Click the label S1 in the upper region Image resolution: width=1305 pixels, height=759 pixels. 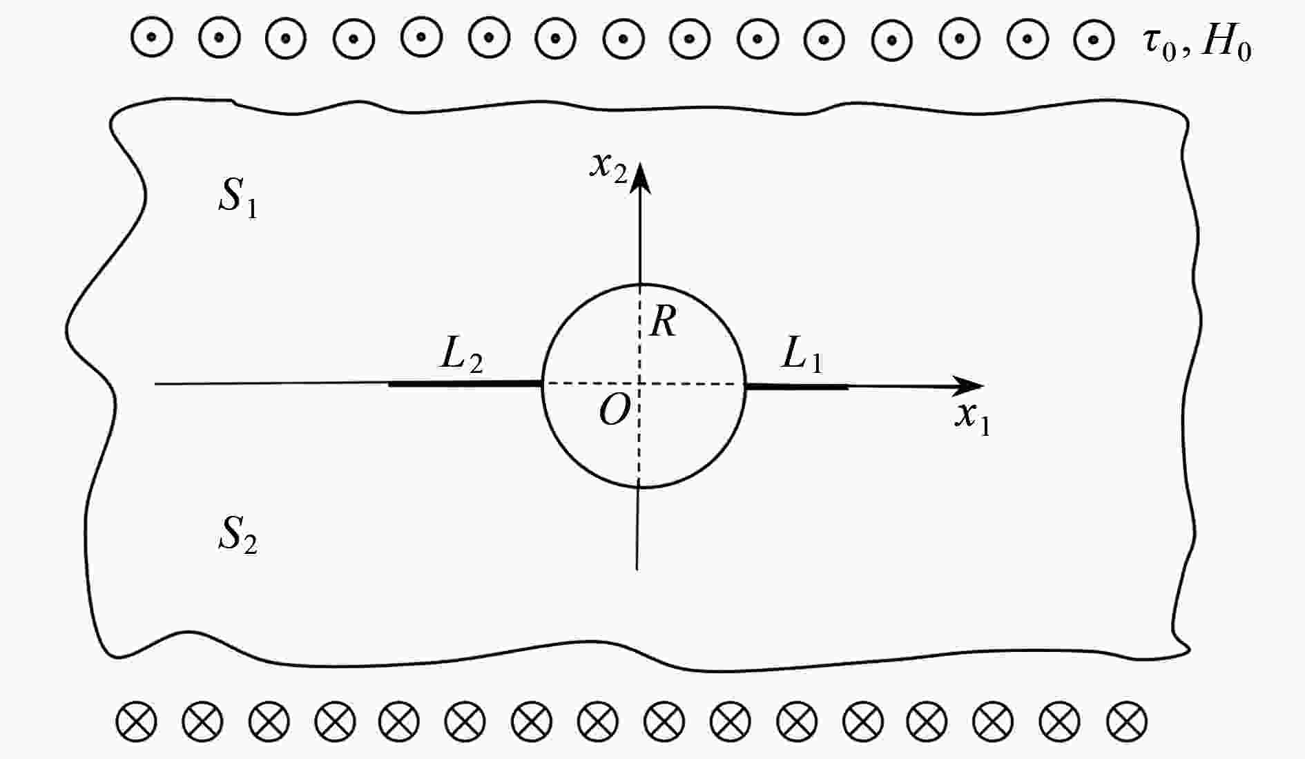point(238,197)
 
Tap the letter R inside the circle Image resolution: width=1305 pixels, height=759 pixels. point(664,321)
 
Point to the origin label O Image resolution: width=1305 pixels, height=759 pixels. point(615,412)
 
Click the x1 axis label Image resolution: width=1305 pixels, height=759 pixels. point(973,416)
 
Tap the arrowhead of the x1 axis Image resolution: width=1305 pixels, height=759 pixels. point(969,386)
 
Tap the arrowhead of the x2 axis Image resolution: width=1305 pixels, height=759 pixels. point(641,176)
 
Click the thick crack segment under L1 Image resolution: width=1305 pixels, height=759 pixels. point(797,387)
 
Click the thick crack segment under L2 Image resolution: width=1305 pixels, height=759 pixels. point(465,383)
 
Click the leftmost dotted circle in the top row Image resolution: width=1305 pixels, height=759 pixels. point(152,37)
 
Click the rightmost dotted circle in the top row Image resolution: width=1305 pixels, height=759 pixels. point(1094,37)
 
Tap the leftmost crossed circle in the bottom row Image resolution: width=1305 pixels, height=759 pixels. point(136,722)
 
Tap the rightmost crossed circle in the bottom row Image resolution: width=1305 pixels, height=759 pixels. point(1126,722)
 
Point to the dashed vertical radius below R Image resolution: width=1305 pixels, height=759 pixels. point(640,334)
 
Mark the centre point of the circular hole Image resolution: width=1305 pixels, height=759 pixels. point(640,384)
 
